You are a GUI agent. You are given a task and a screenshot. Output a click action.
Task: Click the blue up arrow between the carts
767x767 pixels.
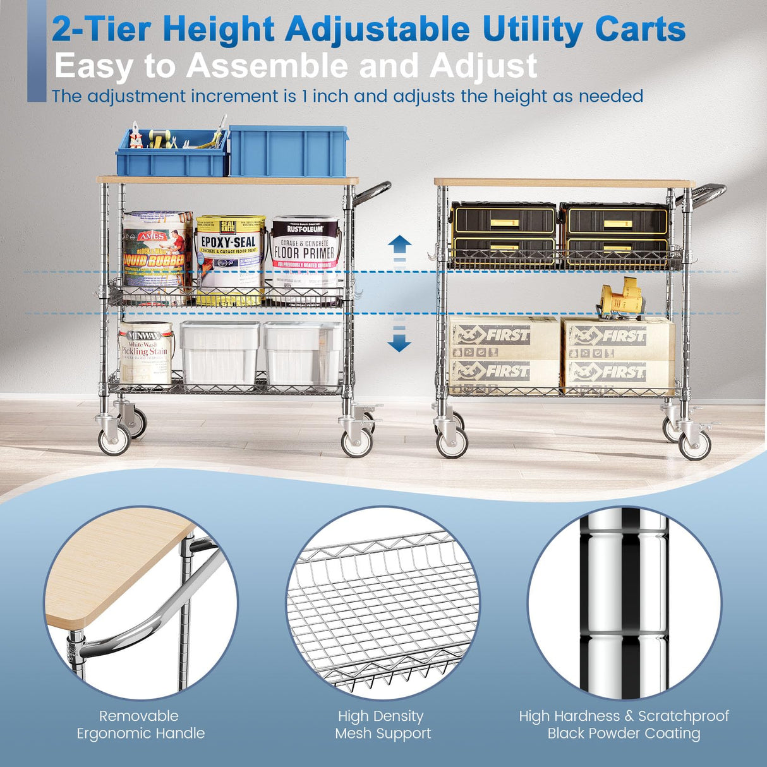399,244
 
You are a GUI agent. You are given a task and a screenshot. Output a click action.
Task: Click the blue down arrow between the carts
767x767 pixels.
399,342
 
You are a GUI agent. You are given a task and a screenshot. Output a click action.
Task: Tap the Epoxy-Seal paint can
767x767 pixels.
229,259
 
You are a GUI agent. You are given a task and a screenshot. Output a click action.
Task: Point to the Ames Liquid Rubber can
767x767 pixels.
156,253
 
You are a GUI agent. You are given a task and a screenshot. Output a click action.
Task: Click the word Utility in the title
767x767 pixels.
532,29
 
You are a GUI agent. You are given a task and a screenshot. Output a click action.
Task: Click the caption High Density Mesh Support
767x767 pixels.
382,725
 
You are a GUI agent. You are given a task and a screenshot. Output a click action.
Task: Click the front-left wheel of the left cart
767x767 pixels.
114,440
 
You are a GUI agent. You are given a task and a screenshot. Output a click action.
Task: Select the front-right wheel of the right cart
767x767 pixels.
695,444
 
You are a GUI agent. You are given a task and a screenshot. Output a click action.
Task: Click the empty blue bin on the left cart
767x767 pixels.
289,151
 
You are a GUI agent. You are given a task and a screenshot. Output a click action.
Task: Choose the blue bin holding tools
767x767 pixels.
171,155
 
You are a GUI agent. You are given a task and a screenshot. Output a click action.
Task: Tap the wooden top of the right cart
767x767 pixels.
562,182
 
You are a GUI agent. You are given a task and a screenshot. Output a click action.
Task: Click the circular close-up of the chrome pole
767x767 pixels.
624,603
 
